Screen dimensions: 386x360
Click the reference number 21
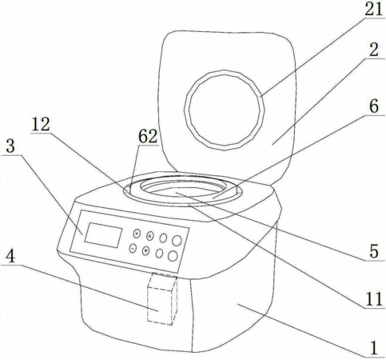coord(374,10)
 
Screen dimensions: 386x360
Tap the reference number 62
coord(148,137)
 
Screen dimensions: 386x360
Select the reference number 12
coord(41,124)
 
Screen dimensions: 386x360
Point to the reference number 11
coord(374,300)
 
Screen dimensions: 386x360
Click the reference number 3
coord(10,146)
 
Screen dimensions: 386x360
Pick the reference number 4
coord(10,257)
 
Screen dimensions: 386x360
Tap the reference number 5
coord(374,251)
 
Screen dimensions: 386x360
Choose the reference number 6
coord(374,107)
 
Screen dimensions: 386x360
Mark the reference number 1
coord(374,348)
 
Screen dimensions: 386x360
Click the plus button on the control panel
coord(137,234)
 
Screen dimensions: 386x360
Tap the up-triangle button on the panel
coord(150,236)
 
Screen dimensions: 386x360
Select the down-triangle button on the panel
coord(145,250)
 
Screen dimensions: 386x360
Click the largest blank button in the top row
coord(177,241)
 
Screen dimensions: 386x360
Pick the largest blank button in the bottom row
coord(173,256)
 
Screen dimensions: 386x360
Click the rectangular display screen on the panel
coord(103,235)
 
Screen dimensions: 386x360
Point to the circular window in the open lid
coord(225,110)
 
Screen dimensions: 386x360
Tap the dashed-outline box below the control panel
coord(162,298)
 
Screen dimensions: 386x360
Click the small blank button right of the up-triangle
coord(163,238)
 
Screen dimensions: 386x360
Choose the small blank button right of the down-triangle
coord(159,254)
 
